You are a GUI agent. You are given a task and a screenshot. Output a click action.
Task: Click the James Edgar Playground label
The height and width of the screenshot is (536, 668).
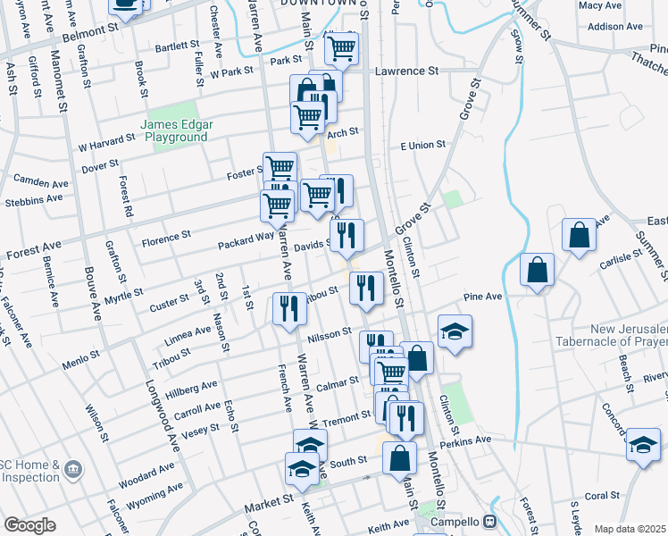tap(173, 130)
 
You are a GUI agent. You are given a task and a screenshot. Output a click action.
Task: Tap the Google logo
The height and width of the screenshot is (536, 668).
tap(29, 525)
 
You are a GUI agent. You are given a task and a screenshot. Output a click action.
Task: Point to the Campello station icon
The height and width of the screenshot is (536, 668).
tap(489, 520)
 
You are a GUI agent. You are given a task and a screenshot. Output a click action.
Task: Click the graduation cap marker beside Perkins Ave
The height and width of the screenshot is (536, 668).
tap(643, 445)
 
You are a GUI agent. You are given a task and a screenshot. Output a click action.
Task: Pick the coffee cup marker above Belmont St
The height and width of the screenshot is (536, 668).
tap(126, 4)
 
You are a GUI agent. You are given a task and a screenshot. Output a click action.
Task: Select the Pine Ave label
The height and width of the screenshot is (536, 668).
tap(483, 297)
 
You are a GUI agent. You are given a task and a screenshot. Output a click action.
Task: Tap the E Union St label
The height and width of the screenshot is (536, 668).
tap(422, 146)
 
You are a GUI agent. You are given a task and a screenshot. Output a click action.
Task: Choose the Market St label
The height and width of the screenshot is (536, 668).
tap(269, 507)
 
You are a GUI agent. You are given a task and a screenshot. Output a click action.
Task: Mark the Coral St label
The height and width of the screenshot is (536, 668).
tap(602, 495)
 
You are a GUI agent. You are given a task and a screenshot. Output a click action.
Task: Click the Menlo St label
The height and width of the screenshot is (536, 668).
tap(82, 357)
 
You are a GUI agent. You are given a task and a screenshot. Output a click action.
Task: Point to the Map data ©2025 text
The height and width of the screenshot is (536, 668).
tap(630, 529)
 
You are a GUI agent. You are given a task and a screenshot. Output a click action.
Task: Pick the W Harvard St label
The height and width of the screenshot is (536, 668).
tap(105, 142)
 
